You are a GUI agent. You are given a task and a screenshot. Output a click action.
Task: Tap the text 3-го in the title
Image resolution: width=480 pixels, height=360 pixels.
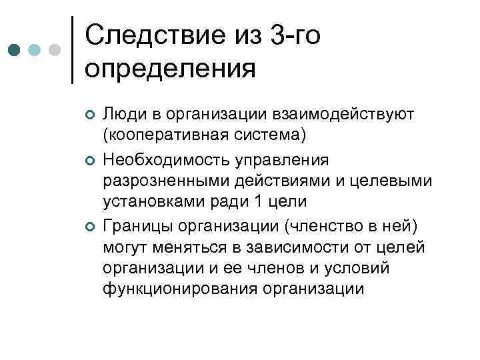pos(297,35)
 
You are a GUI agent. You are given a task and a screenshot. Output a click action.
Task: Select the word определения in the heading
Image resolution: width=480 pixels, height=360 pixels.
pos(171,68)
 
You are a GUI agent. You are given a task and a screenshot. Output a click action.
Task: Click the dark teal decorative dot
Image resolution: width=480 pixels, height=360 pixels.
pos(14,50)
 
